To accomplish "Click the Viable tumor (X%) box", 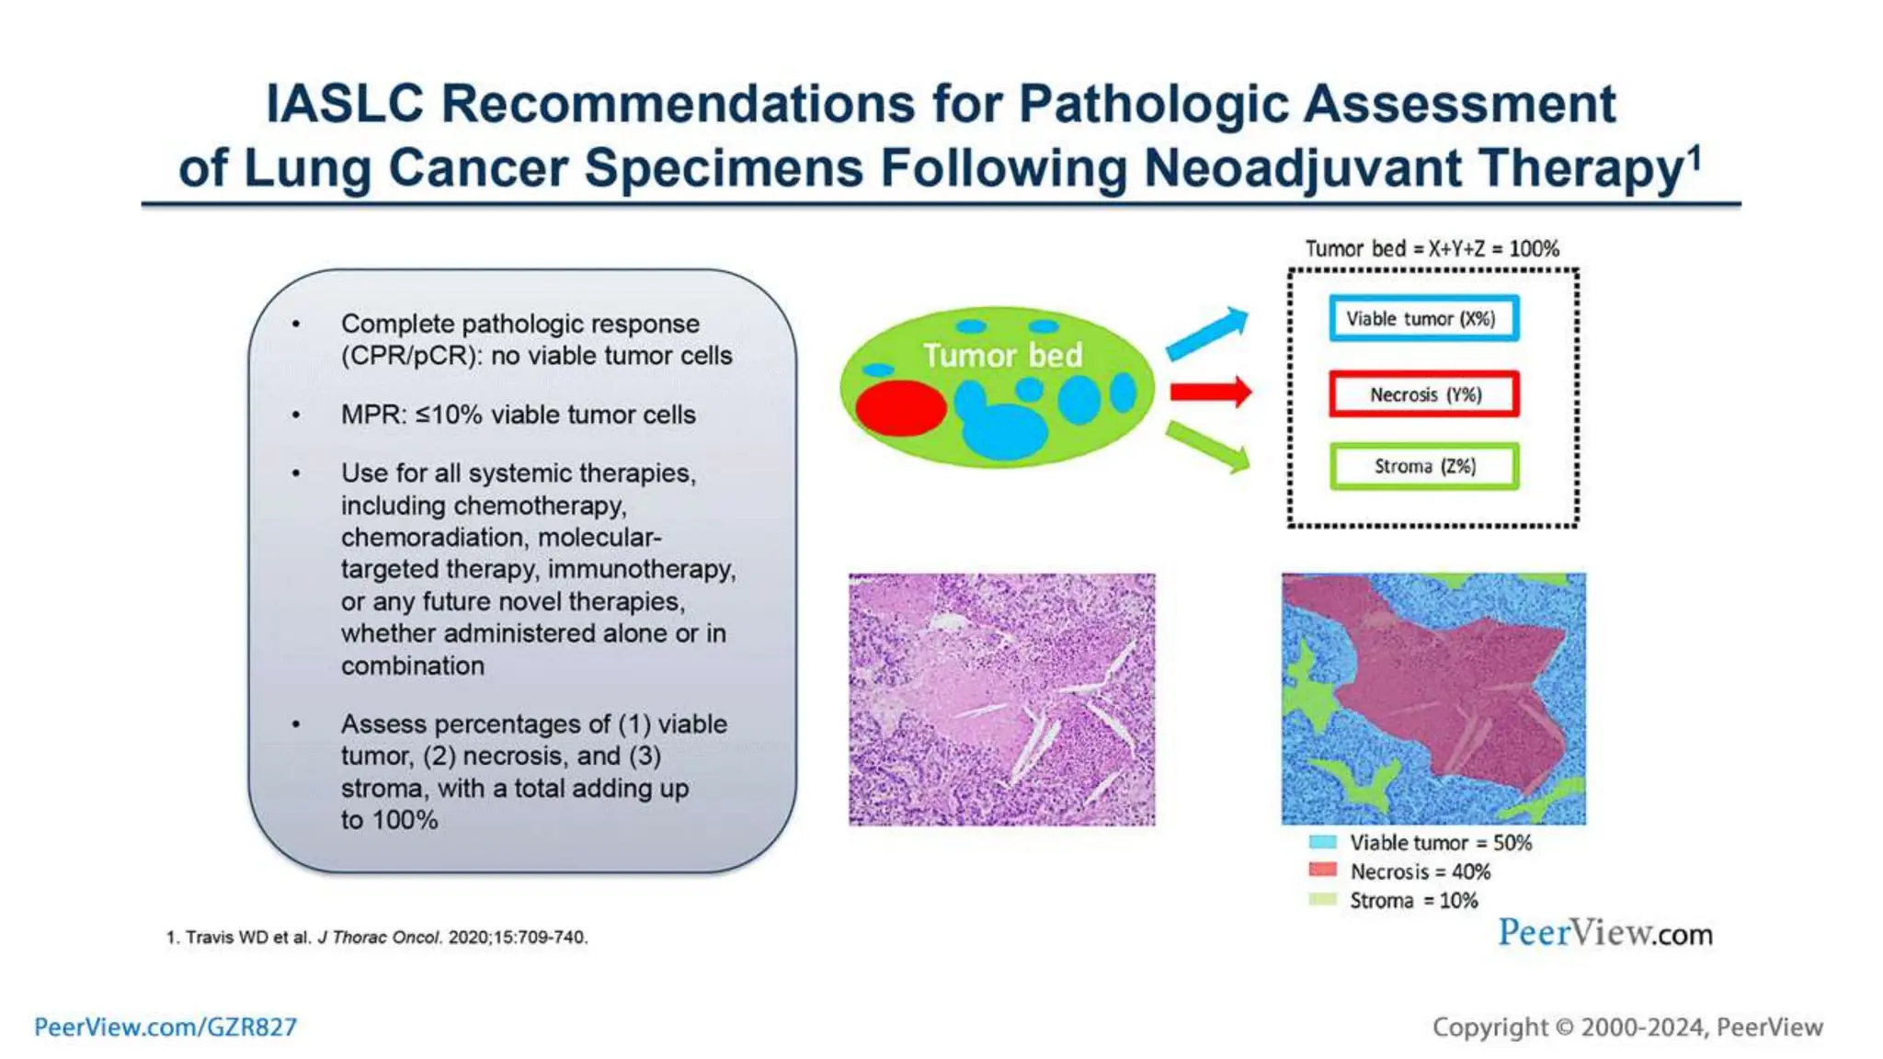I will [x=1422, y=319].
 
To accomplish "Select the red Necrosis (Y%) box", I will [x=1423, y=394].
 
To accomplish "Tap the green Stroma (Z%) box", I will [x=1423, y=466].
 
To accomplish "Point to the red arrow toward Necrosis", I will [x=1210, y=393].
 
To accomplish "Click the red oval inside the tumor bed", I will [x=900, y=408].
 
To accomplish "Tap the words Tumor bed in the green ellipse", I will [x=1002, y=356].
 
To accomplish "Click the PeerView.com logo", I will [x=1604, y=933].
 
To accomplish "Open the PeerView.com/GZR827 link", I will [x=165, y=1027].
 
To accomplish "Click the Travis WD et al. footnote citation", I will [x=377, y=938].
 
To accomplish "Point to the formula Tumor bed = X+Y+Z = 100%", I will [x=1432, y=249].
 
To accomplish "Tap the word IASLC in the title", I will [x=344, y=103].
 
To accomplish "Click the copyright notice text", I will [x=1626, y=1027].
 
